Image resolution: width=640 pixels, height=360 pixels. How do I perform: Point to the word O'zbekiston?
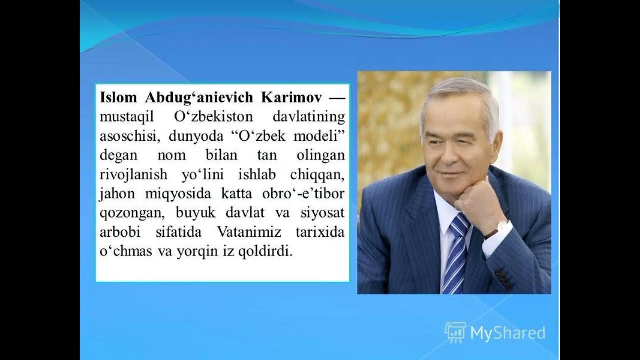pos(213,117)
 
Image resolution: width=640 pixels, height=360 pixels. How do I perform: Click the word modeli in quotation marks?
pos(320,136)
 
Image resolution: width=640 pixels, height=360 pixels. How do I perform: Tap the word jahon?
pos(114,194)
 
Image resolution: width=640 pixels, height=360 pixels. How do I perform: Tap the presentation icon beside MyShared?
pos(455,332)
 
